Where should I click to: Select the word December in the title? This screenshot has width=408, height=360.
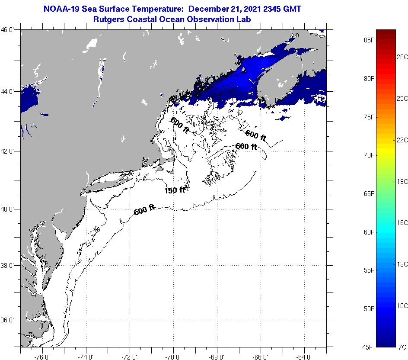point(209,9)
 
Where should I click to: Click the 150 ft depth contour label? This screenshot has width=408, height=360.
point(175,190)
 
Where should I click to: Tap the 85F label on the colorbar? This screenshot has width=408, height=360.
point(369,40)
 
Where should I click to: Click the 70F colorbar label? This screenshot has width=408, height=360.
point(369,155)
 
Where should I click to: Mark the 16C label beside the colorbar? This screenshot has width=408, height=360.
point(402,222)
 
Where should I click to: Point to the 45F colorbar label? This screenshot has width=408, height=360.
point(369,347)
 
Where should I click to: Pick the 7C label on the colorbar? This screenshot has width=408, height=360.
point(402,347)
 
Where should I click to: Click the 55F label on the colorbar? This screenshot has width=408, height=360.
point(369,270)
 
